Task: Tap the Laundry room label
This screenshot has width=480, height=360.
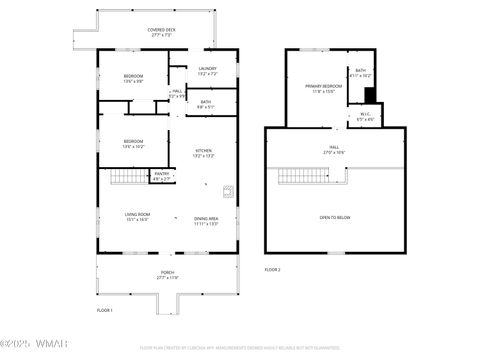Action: (x=207, y=71)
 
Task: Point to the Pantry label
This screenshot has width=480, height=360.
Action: (x=161, y=176)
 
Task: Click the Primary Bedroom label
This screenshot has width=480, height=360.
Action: (x=324, y=89)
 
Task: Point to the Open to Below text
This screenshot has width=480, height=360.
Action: (x=335, y=217)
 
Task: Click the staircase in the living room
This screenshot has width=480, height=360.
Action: (x=127, y=178)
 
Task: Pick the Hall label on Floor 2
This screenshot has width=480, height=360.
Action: (x=334, y=149)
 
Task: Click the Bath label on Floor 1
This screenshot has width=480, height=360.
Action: (x=205, y=103)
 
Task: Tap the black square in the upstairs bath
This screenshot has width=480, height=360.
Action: (x=369, y=95)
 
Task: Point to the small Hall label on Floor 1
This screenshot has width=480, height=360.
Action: (x=177, y=94)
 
